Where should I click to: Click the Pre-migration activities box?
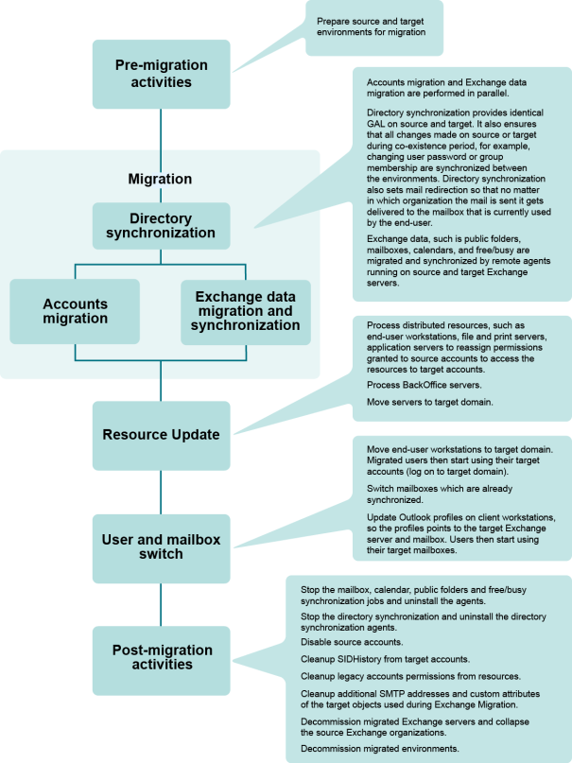161,74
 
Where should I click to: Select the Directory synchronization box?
161,225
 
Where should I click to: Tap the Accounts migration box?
75,311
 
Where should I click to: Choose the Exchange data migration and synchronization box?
245,311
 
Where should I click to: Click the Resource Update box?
161,434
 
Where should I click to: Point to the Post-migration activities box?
161,657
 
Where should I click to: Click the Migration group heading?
161,179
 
